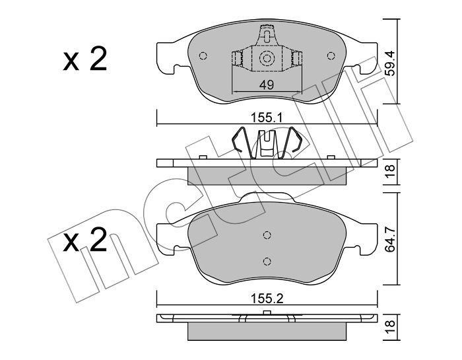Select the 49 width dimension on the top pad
tap(267, 85)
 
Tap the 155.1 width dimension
tap(267, 118)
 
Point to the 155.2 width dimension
tap(267, 299)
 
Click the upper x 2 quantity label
tap(85, 60)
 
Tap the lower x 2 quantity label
tap(85, 240)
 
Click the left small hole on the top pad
tap(203, 55)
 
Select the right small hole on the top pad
tap(331, 55)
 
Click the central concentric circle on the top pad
tap(267, 58)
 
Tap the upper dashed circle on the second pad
tap(267, 235)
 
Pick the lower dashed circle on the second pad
tap(267, 261)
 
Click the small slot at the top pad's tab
tap(267, 36)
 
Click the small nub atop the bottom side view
tap(267, 313)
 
